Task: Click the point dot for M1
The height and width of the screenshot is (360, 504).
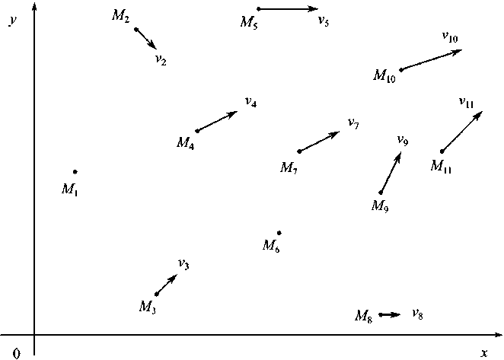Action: [x=75, y=172]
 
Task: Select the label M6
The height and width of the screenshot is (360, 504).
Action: [x=271, y=246]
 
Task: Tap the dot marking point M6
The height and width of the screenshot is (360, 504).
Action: [x=279, y=233]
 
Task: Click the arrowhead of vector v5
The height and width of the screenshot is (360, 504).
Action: [x=315, y=9]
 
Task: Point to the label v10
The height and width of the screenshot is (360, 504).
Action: [x=449, y=36]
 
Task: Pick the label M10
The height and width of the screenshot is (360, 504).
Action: [x=384, y=75]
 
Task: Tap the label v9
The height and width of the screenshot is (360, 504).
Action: [x=403, y=140]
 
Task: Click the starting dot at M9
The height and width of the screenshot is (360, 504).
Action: [x=381, y=193]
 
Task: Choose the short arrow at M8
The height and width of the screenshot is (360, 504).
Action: [x=389, y=314]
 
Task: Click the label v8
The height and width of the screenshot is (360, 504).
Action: [x=417, y=314]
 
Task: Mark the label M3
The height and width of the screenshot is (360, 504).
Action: [x=148, y=307]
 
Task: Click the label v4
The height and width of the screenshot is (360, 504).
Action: [x=250, y=102]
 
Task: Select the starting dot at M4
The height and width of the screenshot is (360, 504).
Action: [x=198, y=131]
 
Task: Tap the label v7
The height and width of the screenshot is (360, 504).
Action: [x=352, y=123]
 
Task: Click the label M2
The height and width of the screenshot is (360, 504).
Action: [x=121, y=18]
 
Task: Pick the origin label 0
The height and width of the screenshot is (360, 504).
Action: [x=17, y=352]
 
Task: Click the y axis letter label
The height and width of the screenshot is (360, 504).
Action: [x=13, y=21]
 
